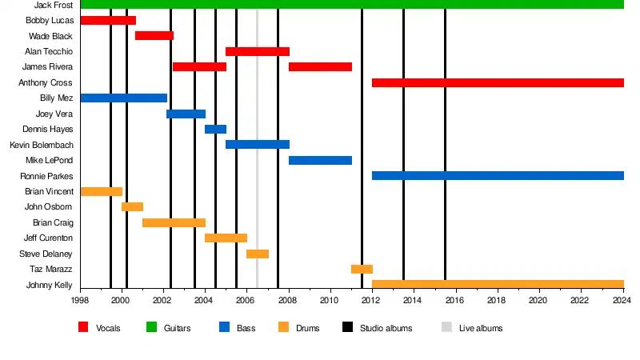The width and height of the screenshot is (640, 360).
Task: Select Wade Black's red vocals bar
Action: (x=154, y=36)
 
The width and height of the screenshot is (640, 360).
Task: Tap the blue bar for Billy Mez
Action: (x=124, y=98)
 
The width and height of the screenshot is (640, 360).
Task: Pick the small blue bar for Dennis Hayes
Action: (x=215, y=129)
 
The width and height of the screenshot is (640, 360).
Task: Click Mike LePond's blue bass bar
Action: (x=320, y=160)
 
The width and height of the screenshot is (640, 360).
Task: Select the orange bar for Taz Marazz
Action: (x=362, y=269)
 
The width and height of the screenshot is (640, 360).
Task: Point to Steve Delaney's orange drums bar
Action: (x=257, y=254)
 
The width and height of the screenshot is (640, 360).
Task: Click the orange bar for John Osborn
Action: (x=132, y=206)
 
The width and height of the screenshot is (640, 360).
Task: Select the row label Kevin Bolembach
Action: (x=42, y=145)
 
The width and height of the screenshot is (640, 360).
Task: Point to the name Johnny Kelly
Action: (x=50, y=285)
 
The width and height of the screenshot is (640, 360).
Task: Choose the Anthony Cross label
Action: (x=46, y=82)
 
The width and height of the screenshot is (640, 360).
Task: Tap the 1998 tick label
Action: (x=80, y=301)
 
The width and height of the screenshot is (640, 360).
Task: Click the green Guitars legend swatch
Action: (x=151, y=327)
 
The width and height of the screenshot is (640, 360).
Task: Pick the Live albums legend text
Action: (x=481, y=328)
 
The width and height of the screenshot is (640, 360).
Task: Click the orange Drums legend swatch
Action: (x=283, y=327)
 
